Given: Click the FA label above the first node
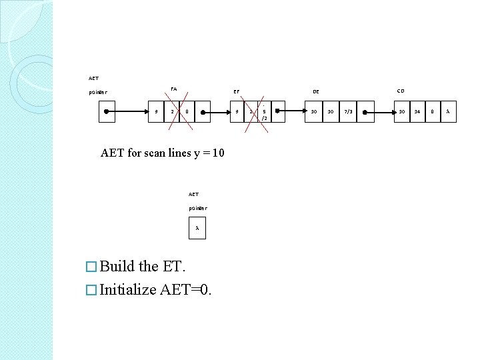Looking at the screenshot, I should [173, 89].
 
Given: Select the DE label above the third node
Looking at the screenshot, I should [316, 91].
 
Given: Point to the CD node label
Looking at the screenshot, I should [400, 90].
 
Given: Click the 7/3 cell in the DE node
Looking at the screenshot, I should [348, 111].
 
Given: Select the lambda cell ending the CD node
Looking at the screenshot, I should [448, 111].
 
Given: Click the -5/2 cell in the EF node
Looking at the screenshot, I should [265, 111].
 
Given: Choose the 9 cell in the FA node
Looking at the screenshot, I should [157, 111].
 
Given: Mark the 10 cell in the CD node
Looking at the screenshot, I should [401, 111].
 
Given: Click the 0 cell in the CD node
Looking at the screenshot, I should [433, 111].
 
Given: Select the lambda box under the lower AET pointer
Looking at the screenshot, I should [197, 229].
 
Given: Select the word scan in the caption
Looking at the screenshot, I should [152, 153].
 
